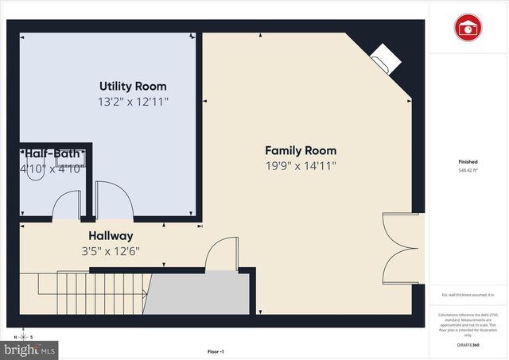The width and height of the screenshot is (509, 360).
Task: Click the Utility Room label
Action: pyautogui.click(x=133, y=86)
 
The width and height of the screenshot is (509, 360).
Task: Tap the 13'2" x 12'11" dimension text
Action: pyautogui.click(x=133, y=102)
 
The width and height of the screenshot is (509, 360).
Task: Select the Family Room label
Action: pyautogui.click(x=300, y=150)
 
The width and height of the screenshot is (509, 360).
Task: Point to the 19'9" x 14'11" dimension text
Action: pyautogui.click(x=300, y=166)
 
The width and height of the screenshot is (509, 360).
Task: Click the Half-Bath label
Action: pyautogui.click(x=51, y=153)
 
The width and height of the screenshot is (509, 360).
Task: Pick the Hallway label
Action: pyautogui.click(x=111, y=236)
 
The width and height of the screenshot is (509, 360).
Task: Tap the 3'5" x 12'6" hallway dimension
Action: pyautogui.click(x=111, y=252)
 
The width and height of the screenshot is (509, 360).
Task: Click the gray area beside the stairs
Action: pyautogui.click(x=198, y=294)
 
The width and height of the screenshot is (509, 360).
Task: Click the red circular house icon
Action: pyautogui.click(x=468, y=28)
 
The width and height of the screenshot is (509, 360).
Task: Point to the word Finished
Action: pyautogui.click(x=468, y=161)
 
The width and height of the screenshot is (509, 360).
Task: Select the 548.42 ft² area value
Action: pyautogui.click(x=468, y=171)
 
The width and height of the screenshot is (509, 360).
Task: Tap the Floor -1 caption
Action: pyautogui.click(x=216, y=351)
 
